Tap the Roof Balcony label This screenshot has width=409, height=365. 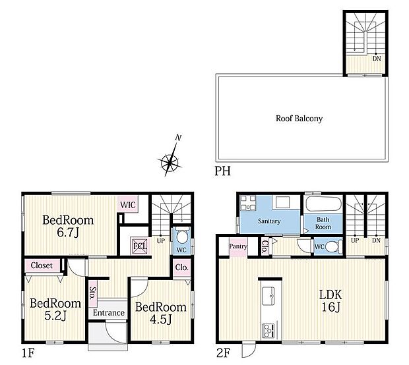(x=299, y=119)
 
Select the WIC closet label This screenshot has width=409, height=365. (x=128, y=205)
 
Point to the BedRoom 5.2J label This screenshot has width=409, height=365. (x=55, y=309)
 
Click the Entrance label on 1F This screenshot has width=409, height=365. (x=109, y=312)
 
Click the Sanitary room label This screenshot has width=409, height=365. (x=269, y=221)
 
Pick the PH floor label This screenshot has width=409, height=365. (x=221, y=171)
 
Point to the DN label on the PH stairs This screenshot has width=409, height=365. (x=377, y=59)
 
